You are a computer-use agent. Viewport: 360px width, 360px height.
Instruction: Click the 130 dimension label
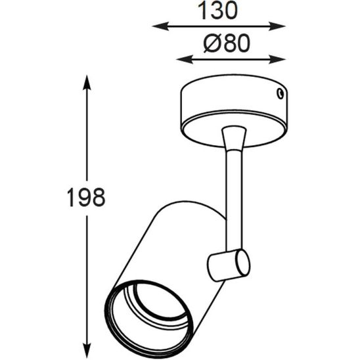coord(218,10)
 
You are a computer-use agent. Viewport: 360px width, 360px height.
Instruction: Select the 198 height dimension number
coord(86,196)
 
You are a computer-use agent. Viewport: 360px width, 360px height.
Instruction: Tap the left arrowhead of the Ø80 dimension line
coord(181,60)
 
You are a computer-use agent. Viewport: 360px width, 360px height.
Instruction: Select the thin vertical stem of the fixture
coord(235,197)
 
